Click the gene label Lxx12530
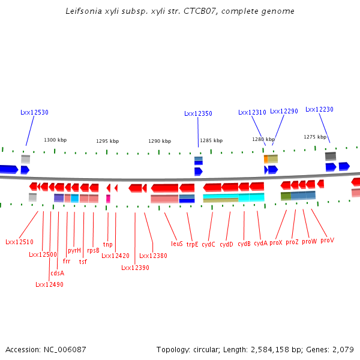tap(34, 112)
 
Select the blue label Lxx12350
tap(198, 113)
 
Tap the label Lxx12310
tap(252, 112)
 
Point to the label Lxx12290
tap(284, 111)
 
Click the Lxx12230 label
tap(319, 109)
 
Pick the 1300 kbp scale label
tap(55, 140)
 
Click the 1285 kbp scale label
tap(211, 140)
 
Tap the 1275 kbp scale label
tap(315, 137)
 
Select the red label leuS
tap(176, 244)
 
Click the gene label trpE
tap(192, 244)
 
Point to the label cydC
tap(208, 244)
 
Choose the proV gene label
tap(327, 240)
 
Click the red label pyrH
tap(74, 250)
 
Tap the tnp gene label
tap(107, 244)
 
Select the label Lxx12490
tap(49, 284)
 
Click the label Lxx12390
tap(135, 268)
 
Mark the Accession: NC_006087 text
tap(46, 349)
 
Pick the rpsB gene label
tap(93, 250)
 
